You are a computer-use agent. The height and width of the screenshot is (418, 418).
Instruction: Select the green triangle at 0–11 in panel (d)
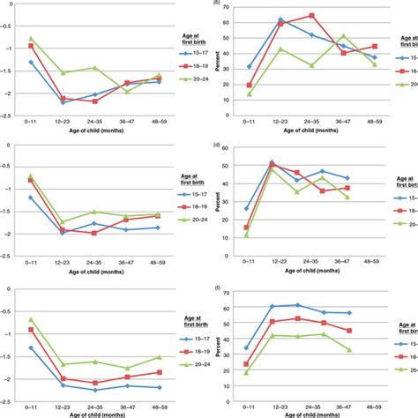pyautogui.click(x=246, y=235)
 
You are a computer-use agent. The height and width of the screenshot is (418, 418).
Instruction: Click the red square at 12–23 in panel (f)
pyautogui.click(x=272, y=322)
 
